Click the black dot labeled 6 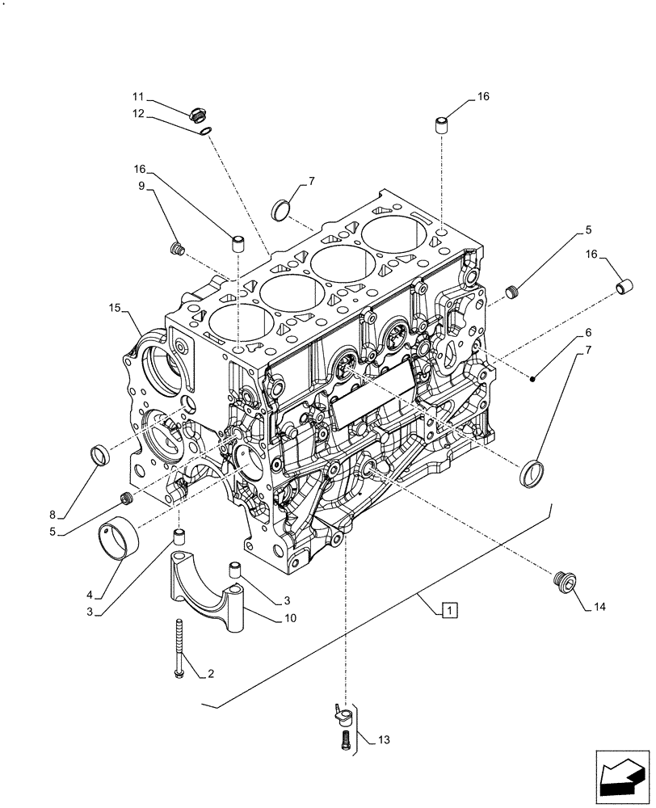click(x=534, y=379)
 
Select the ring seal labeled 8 click(x=100, y=454)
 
